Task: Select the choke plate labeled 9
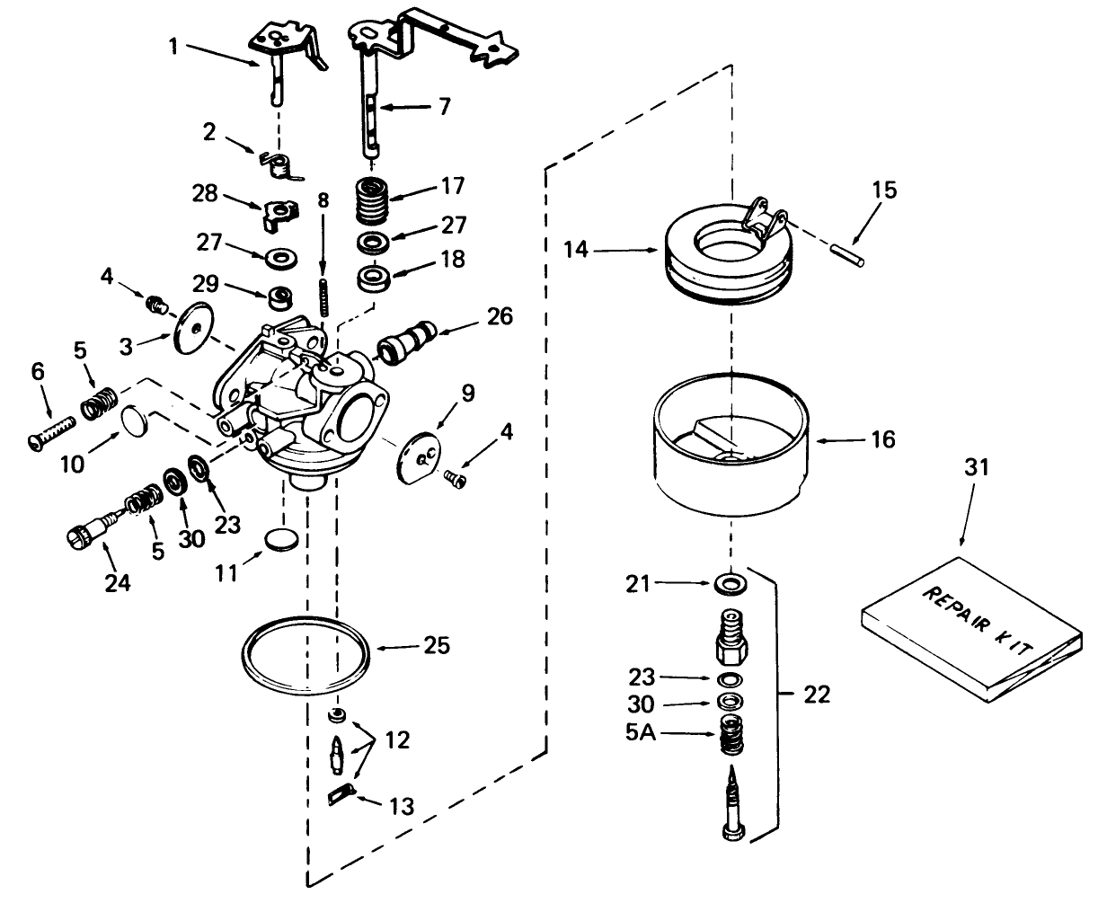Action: point(420,453)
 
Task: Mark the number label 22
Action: point(818,695)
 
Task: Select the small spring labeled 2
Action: point(283,164)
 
